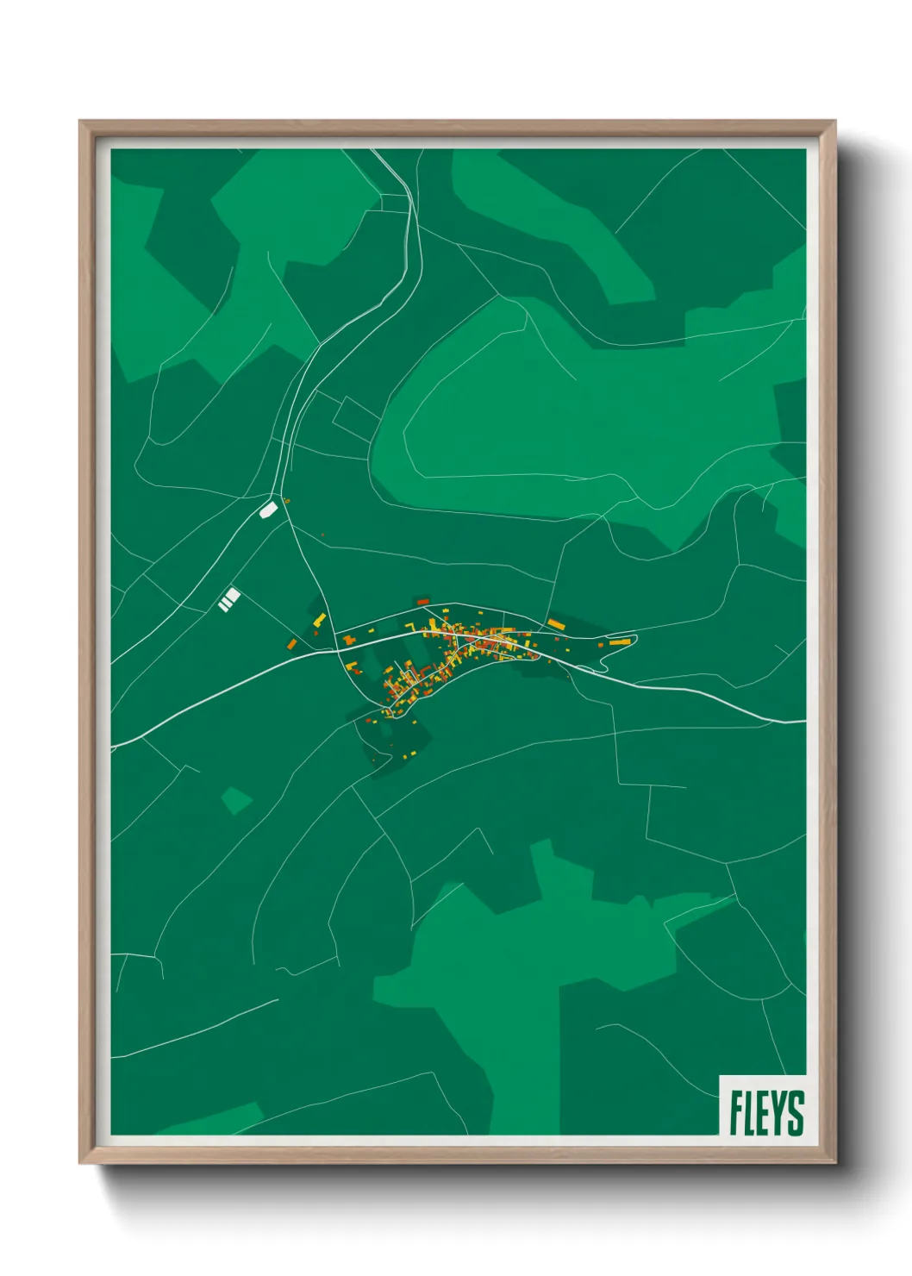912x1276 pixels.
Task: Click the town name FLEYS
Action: click(x=766, y=1112)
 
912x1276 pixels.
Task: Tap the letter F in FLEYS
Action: click(x=737, y=1112)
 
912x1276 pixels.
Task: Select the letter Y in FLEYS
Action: click(x=777, y=1112)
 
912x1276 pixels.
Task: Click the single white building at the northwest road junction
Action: click(x=268, y=510)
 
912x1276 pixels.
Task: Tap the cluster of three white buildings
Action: click(x=229, y=599)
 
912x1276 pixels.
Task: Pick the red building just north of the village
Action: click(x=422, y=601)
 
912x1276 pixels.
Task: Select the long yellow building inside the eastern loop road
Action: click(x=616, y=642)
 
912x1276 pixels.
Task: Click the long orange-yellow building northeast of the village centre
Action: click(x=555, y=623)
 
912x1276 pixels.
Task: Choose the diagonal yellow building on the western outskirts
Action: click(x=319, y=620)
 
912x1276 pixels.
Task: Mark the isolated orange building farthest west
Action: click(x=291, y=642)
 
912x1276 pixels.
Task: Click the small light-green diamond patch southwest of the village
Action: click(x=235, y=800)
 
